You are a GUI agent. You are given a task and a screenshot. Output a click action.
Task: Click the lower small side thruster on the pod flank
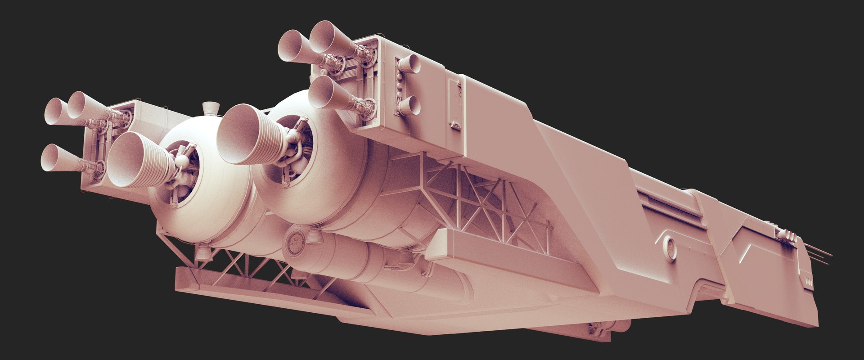[409, 105]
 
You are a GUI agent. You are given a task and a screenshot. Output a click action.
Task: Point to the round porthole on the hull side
[670, 249]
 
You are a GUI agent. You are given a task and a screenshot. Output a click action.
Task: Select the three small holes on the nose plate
[808, 282]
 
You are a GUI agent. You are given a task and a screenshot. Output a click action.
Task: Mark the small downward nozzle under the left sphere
[203, 254]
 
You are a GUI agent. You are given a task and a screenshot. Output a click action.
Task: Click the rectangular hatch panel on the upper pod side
[455, 103]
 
